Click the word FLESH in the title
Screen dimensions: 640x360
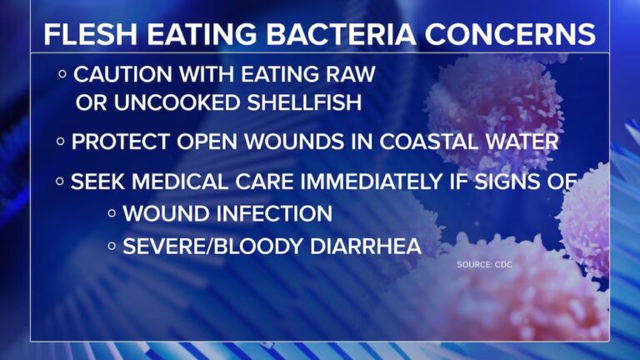91,34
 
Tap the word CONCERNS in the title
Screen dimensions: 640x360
510,34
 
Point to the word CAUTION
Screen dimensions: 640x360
122,74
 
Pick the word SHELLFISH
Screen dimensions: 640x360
304,102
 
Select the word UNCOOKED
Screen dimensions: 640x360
177,102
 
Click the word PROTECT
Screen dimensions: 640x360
120,142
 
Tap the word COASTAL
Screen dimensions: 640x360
428,142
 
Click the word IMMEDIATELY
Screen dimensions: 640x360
372,182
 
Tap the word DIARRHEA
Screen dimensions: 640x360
365,246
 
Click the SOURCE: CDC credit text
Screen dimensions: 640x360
484,264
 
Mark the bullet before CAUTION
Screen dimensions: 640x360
62,74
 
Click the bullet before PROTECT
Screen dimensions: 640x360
60,142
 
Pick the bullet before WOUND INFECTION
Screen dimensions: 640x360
112,213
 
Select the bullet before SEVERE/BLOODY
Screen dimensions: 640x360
112,246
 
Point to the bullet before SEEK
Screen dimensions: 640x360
60,181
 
